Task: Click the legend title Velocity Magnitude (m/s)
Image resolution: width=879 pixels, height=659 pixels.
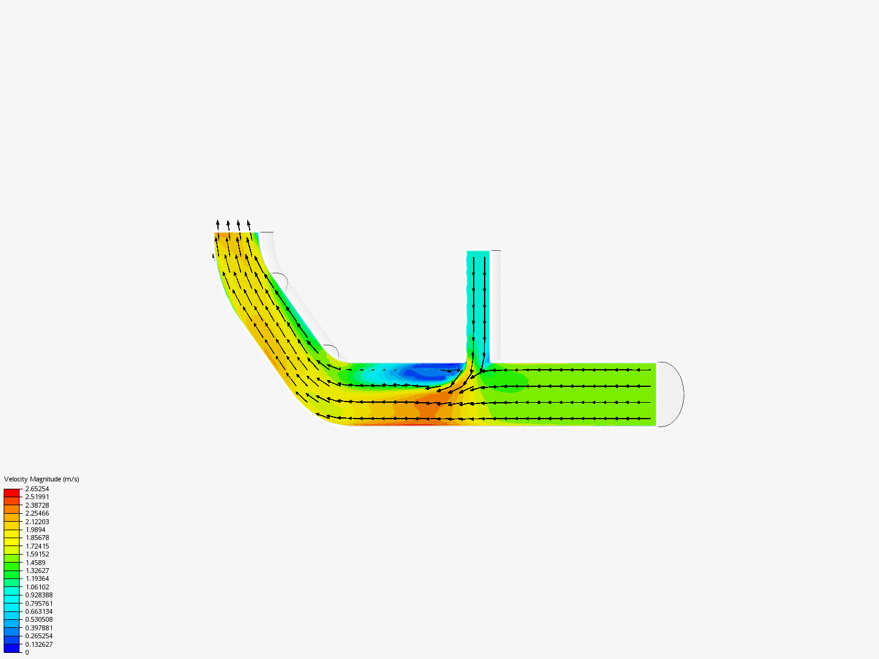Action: pyautogui.click(x=42, y=479)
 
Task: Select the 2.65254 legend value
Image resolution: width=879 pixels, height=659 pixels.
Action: pyautogui.click(x=37, y=489)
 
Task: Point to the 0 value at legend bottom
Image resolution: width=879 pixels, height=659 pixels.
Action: pyautogui.click(x=27, y=652)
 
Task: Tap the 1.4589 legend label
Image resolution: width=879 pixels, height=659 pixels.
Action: pyautogui.click(x=35, y=563)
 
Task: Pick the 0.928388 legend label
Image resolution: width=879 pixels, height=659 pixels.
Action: pyautogui.click(x=38, y=595)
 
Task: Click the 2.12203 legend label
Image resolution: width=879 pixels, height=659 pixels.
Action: pyautogui.click(x=37, y=522)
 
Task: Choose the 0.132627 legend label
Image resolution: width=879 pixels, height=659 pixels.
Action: pyautogui.click(x=38, y=644)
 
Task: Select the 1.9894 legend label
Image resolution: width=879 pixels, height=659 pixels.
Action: pyautogui.click(x=35, y=530)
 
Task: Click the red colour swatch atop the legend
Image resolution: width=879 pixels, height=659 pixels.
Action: pyautogui.click(x=12, y=492)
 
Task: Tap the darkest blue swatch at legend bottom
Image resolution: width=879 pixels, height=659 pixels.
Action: pyautogui.click(x=12, y=648)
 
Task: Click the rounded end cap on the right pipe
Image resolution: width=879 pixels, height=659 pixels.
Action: pyautogui.click(x=671, y=394)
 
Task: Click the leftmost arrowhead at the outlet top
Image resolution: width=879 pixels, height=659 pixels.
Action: pyautogui.click(x=217, y=223)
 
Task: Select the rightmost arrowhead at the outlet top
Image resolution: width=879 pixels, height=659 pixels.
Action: pyautogui.click(x=248, y=223)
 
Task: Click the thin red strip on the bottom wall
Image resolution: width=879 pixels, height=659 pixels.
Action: pyautogui.click(x=391, y=424)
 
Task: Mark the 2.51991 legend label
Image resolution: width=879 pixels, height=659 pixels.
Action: pyautogui.click(x=37, y=497)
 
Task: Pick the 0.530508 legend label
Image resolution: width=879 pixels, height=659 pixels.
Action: pyautogui.click(x=38, y=619)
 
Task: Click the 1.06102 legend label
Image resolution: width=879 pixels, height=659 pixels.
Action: pyautogui.click(x=37, y=587)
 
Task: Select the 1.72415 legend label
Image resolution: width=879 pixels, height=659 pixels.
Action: pyautogui.click(x=37, y=546)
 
